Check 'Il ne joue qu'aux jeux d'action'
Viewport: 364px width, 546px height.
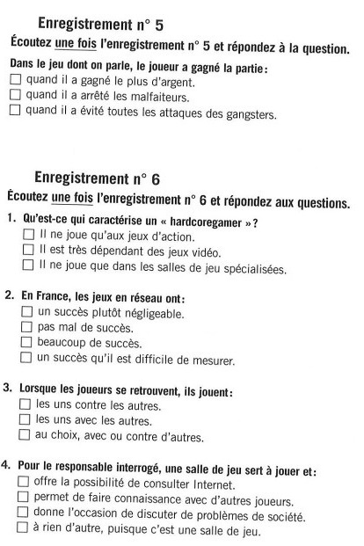pos(29,236)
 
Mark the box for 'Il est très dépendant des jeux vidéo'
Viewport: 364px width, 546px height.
pos(29,251)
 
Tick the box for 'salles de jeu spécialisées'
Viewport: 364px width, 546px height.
pos(29,267)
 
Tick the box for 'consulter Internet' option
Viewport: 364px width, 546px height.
pos(22,483)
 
